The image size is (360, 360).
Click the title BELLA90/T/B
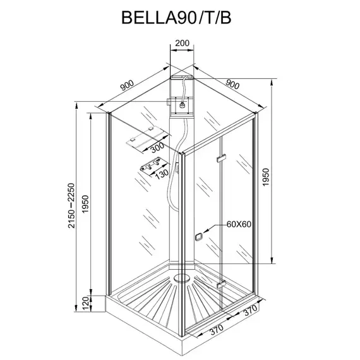pos(176,18)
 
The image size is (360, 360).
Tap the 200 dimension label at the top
pos(182,43)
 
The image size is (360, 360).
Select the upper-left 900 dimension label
pos(127,85)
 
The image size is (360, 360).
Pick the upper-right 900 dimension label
pos(232,84)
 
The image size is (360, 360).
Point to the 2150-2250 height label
pos(71,205)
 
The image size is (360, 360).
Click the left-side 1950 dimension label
pos(85,204)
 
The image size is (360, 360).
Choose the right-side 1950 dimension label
pos(265,177)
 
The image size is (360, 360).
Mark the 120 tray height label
pos(85,303)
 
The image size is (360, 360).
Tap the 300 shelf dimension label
pos(157,147)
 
